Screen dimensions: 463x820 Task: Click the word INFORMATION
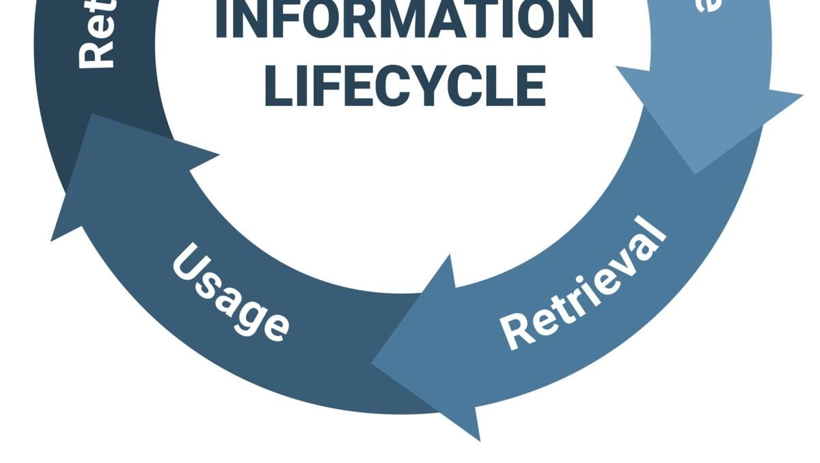click(x=403, y=20)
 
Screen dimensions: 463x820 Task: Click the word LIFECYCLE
click(x=405, y=86)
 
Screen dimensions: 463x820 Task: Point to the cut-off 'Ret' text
click(x=96, y=38)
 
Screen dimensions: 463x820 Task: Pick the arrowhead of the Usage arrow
click(x=102, y=171)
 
